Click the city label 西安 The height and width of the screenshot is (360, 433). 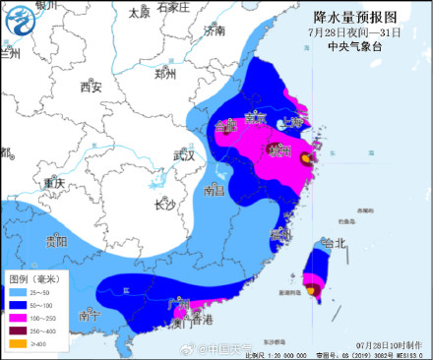pos(91,89)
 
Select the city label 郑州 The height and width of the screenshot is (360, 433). pos(164,75)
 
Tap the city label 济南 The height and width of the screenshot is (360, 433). pos(214,31)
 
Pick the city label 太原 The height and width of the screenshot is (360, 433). pos(139,13)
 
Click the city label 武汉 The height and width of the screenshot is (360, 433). pos(183,155)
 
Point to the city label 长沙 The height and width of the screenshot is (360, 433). pos(163,205)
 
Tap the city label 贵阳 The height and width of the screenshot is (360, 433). pos(56,241)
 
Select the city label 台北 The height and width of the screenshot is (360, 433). pos(334,243)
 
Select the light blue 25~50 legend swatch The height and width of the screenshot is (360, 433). pos(17,293)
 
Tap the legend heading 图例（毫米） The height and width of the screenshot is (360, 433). pos(33,279)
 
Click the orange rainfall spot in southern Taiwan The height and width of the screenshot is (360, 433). pos(311,290)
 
